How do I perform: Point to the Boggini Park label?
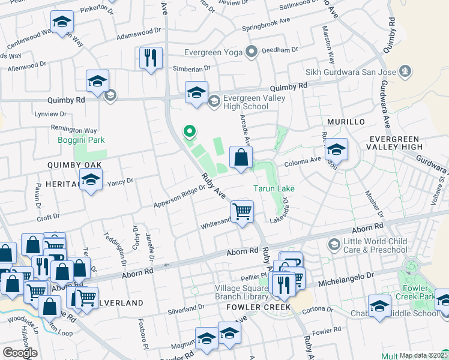point(81,140)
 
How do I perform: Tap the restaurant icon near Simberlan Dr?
point(150,58)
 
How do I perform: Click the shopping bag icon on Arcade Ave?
point(241,158)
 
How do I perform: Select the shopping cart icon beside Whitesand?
point(242,212)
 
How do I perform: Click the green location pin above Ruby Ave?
point(190,130)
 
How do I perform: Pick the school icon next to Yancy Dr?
point(91,180)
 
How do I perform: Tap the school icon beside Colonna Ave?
point(337,149)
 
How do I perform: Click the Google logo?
point(19,352)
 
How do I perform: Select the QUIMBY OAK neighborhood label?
point(75,164)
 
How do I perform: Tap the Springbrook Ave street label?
point(267,28)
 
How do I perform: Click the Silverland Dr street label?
point(186,308)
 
